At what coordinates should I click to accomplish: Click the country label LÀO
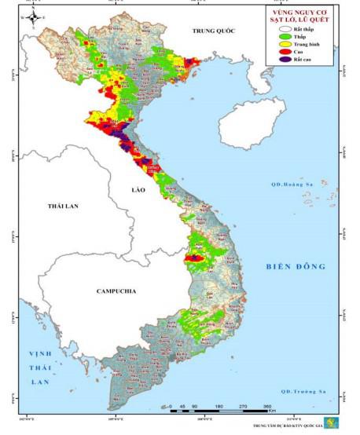(141, 191)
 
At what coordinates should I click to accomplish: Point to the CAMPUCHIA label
(116, 291)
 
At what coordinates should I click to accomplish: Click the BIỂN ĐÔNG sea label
(295, 266)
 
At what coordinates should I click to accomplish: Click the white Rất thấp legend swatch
(275, 29)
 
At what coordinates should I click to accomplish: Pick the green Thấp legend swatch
(275, 38)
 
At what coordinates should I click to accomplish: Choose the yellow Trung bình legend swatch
(275, 46)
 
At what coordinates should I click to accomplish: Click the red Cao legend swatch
(275, 54)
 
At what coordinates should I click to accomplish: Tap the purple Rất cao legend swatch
(275, 63)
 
